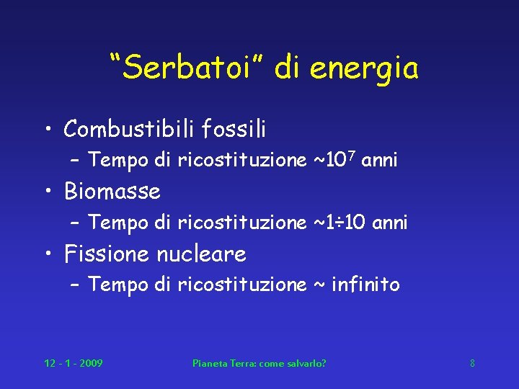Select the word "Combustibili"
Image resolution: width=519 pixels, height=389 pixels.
[128, 130]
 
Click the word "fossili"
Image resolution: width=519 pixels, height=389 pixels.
[234, 130]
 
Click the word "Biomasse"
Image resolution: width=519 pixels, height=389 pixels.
[112, 192]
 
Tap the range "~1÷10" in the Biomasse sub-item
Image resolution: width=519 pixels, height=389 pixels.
[342, 223]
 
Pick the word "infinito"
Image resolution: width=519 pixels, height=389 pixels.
[365, 285]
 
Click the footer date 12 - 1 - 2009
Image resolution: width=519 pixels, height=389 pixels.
[74, 363]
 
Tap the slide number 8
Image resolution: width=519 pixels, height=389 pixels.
[472, 363]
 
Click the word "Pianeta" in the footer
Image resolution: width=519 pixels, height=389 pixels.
[208, 363]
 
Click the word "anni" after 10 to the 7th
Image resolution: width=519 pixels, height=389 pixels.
[379, 161]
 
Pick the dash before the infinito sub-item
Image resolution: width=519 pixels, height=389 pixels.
[75, 286]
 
